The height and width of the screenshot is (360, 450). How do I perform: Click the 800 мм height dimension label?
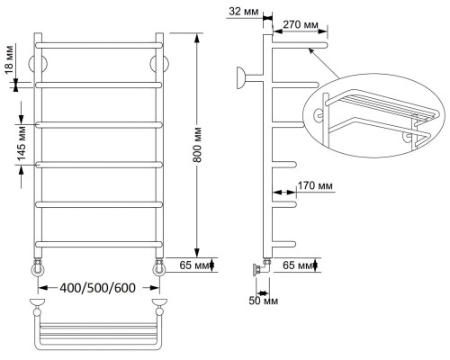pyautogui.click(x=197, y=145)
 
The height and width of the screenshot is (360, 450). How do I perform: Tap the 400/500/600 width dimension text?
pyautogui.click(x=98, y=288)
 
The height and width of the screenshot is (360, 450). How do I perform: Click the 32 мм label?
pyautogui.click(x=244, y=12)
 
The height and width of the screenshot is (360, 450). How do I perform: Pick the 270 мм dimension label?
pyautogui.click(x=301, y=24)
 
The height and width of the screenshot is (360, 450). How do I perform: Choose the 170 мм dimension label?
pyautogui.click(x=315, y=186)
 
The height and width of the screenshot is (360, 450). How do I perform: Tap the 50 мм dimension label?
pyautogui.click(x=264, y=301)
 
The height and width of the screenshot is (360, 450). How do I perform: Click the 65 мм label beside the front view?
pyautogui.click(x=194, y=265)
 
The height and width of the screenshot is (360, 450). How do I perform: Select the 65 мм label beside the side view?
pyautogui.click(x=298, y=265)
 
